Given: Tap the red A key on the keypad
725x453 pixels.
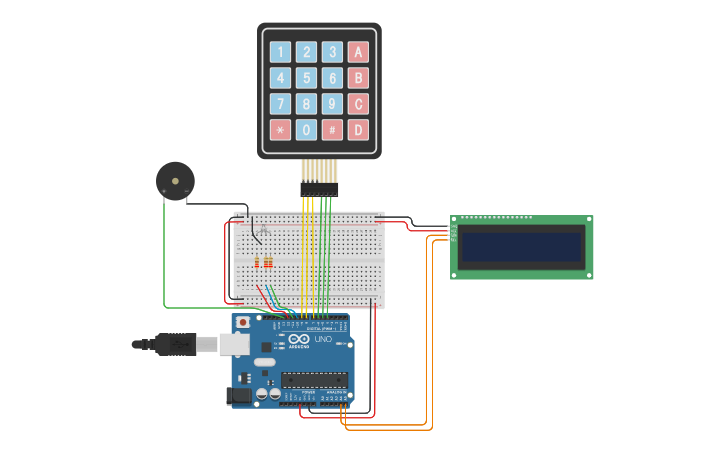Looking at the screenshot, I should tap(357, 52).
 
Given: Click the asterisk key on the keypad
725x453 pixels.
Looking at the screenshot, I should tap(281, 130).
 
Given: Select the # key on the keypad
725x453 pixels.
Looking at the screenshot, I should tap(332, 130).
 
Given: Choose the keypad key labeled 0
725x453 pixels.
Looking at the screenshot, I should tap(307, 130).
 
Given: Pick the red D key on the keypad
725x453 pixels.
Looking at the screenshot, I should tap(357, 130).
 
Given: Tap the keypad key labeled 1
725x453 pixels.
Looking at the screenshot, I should tap(281, 52).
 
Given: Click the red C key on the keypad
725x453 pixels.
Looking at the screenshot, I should tap(357, 104).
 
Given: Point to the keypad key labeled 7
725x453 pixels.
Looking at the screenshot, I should tap(281, 104).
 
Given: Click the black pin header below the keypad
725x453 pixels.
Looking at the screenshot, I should tap(319, 188).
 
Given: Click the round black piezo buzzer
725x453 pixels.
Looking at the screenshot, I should tap(175, 181).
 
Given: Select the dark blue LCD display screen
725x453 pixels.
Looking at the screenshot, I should tap(521, 247).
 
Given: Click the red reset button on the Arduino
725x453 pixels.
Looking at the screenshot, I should tap(242, 323).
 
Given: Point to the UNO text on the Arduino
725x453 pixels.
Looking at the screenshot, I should tap(323, 340).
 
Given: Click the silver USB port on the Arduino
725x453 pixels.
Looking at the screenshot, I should tap(233, 344).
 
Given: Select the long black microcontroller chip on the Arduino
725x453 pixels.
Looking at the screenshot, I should tap(314, 379).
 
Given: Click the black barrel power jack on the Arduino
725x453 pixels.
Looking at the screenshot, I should tap(240, 396).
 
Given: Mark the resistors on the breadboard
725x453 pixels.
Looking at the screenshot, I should tap(264, 263).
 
